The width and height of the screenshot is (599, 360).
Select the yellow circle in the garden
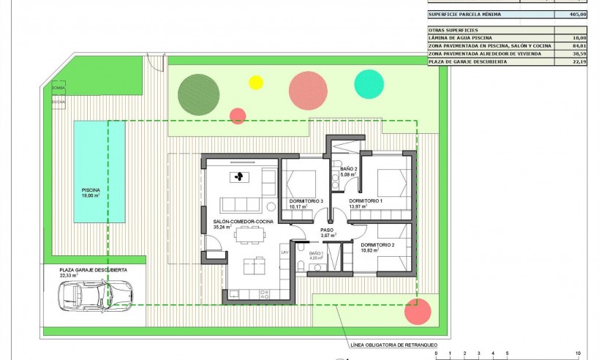pos(256,82)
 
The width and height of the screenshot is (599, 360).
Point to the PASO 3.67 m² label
pos(327,232)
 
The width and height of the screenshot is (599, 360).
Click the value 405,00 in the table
pos(576,13)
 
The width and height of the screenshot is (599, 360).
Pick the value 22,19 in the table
pos(576,61)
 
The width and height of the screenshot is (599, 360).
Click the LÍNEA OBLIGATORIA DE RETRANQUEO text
pos(383,343)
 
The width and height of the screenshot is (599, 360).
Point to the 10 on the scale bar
pos(578,353)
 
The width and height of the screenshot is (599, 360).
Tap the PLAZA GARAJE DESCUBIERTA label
pos(93,270)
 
